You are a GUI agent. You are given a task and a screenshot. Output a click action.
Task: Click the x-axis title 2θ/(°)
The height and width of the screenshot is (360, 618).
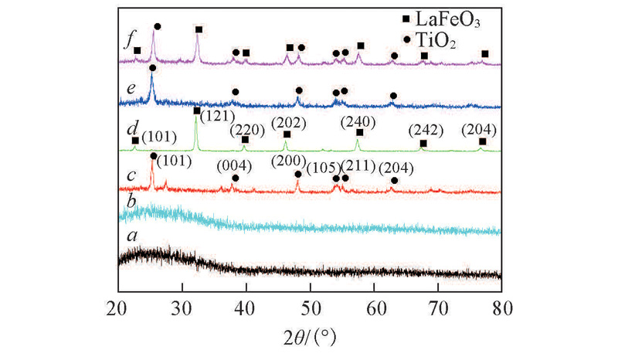309,337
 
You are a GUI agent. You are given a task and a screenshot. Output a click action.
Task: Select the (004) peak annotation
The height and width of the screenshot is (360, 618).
234,165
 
